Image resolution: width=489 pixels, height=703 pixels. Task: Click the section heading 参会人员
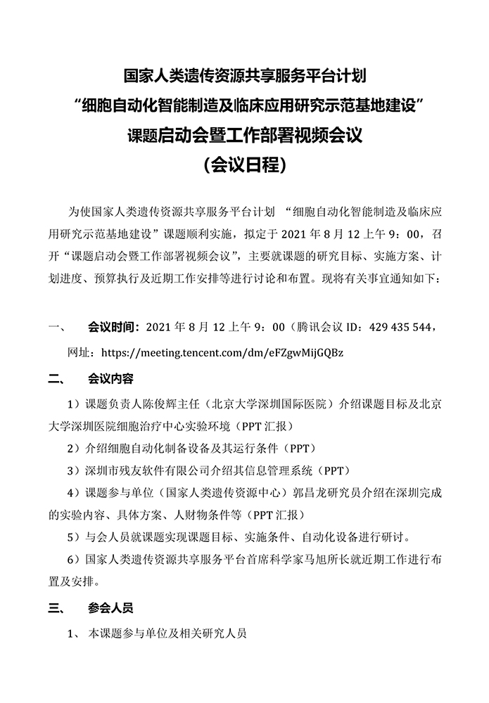click(x=110, y=607)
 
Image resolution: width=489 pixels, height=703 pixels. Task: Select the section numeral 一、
click(x=56, y=327)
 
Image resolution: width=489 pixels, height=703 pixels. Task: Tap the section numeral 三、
click(x=56, y=607)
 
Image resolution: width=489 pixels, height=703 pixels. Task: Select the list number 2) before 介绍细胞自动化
click(x=72, y=449)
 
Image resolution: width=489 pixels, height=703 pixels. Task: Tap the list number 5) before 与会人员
click(x=72, y=537)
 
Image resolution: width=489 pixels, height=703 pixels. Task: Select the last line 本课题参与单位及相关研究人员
click(x=166, y=633)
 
